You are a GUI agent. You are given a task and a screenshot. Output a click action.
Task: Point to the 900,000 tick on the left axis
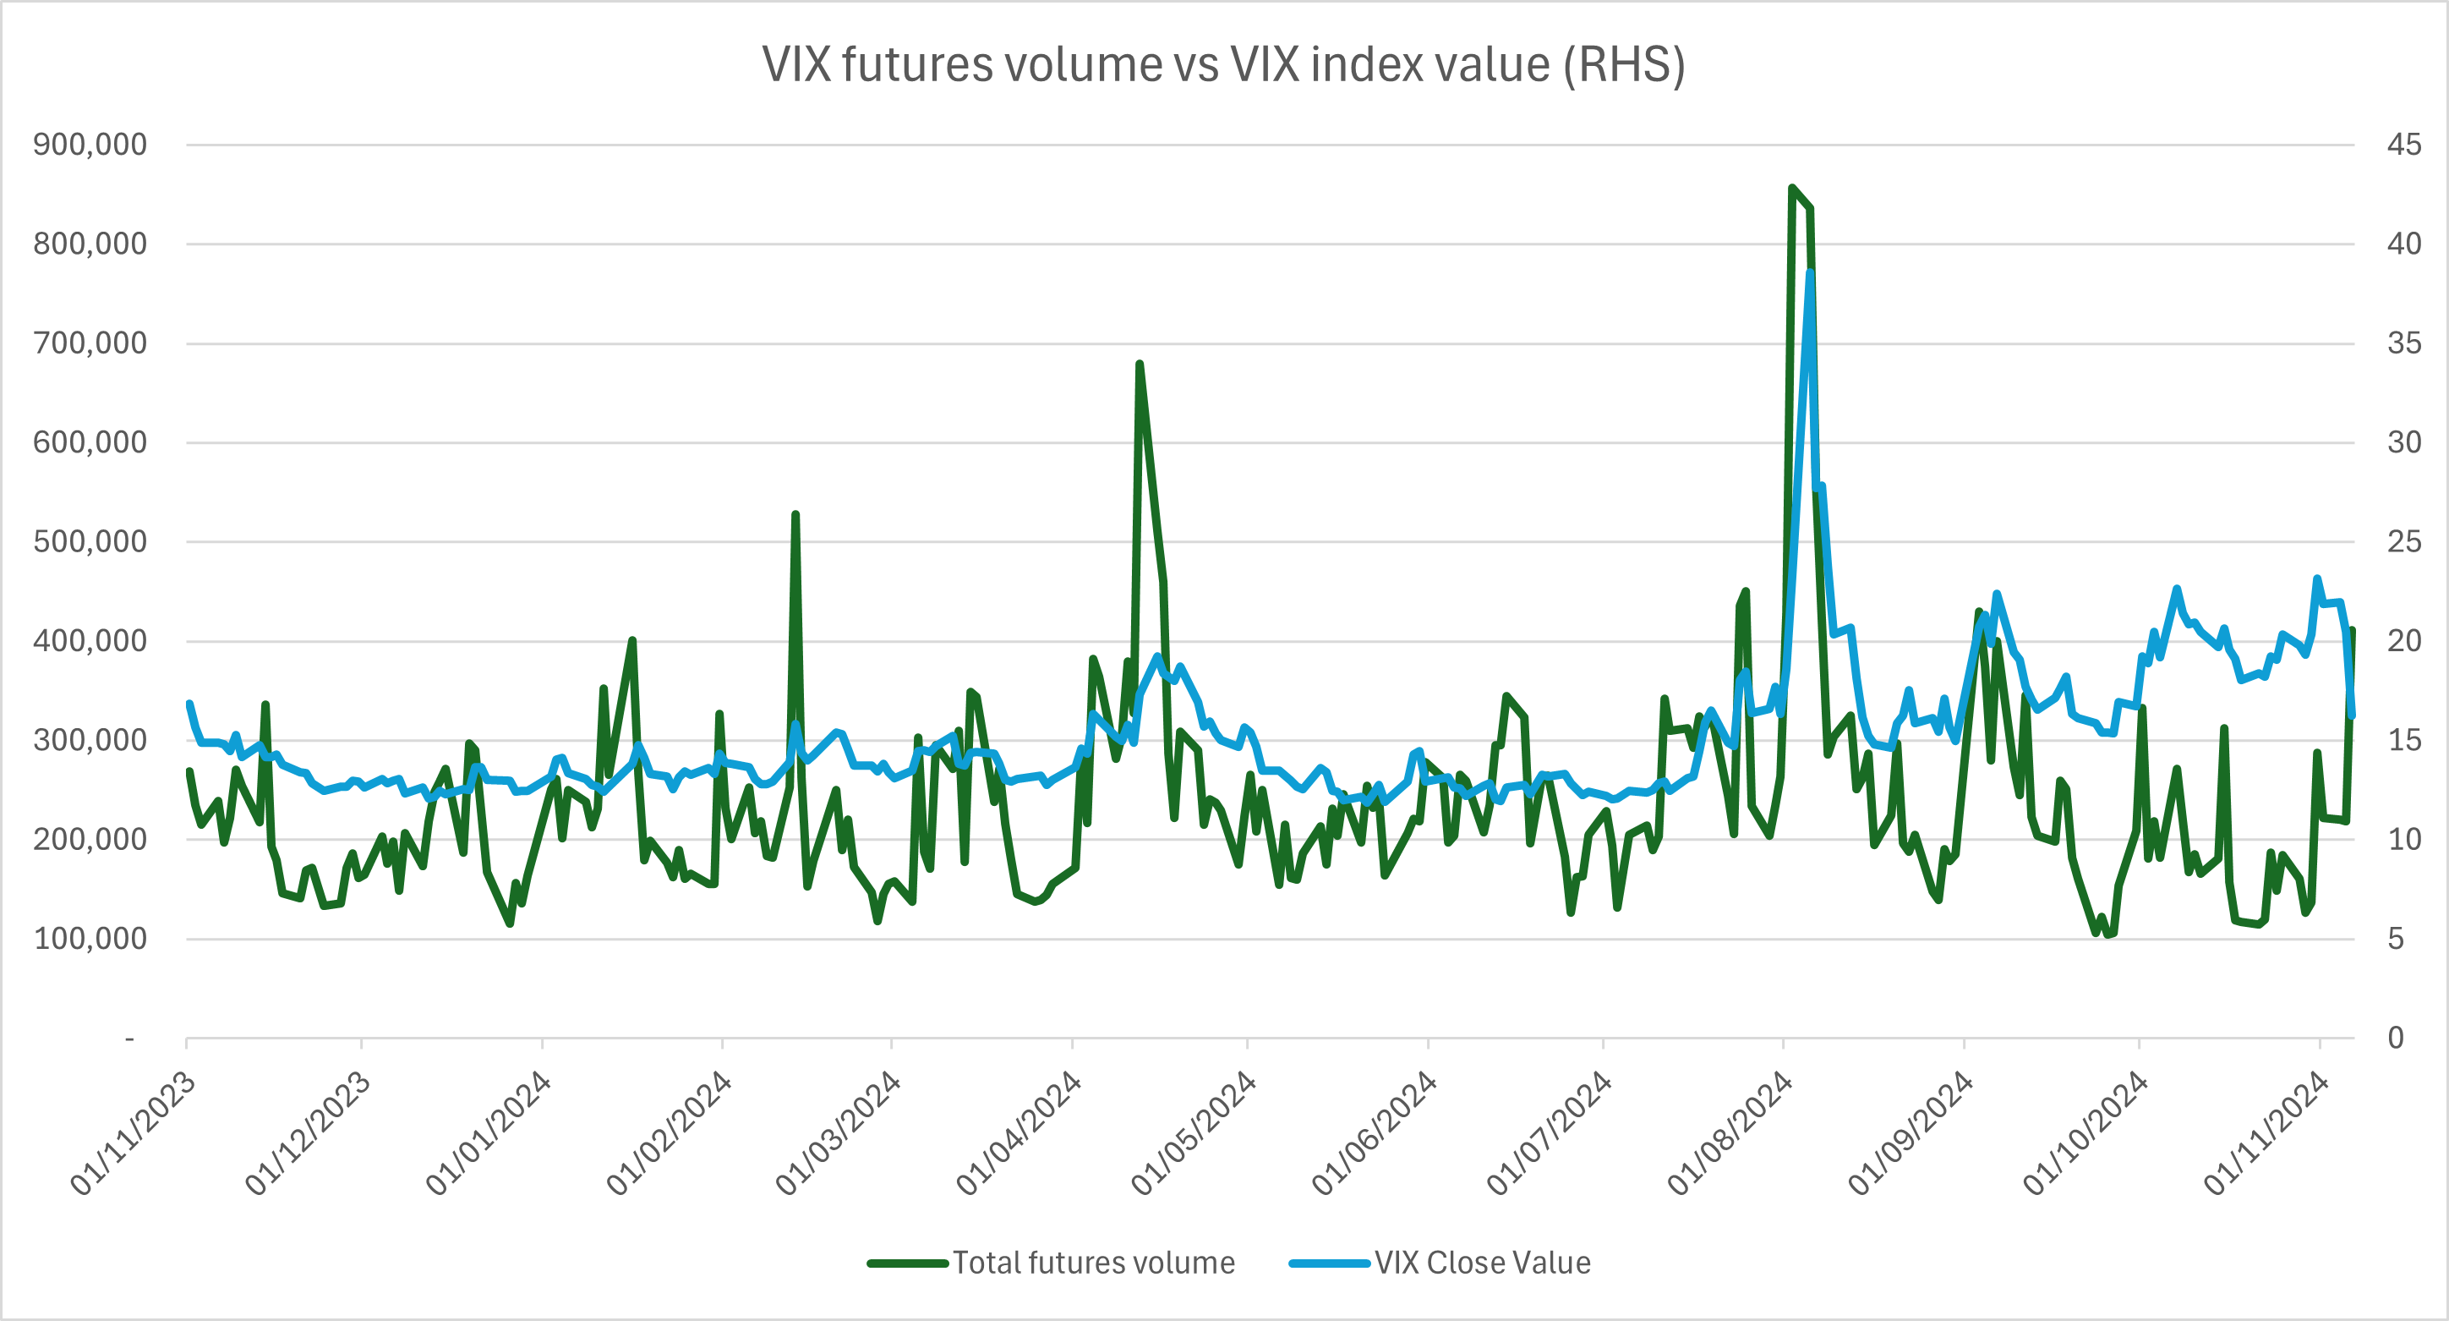90,145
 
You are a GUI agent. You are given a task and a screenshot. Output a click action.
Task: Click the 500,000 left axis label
90,541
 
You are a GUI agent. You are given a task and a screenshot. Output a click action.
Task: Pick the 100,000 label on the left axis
90,939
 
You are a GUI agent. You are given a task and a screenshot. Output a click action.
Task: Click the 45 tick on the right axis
2404,145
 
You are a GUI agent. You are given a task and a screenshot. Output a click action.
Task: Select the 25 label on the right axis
2404,541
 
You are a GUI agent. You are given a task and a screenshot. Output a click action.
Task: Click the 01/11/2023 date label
133,1132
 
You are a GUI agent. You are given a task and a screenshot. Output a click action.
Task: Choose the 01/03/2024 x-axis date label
838,1132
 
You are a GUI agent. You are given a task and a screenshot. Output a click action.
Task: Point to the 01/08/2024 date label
1730,1132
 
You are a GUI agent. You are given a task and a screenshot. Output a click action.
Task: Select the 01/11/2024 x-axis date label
2266,1132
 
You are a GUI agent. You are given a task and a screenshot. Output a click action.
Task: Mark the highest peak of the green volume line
1792,189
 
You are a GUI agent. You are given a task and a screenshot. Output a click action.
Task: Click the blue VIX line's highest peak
1810,272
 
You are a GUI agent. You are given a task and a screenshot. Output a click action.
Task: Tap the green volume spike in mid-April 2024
1139,364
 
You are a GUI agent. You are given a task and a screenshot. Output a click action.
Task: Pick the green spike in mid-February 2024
795,514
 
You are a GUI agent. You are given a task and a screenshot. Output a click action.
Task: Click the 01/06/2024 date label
1374,1132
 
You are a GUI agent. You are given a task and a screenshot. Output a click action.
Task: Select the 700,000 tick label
90,343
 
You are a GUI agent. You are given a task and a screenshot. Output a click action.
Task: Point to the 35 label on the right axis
2404,343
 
